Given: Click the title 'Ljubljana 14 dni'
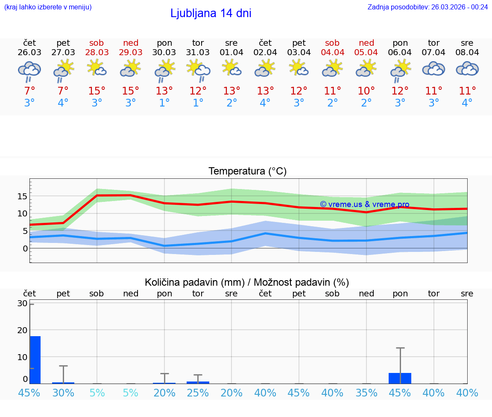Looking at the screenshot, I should point(211,13).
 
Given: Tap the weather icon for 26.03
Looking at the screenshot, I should point(29,71).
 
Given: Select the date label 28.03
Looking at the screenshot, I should point(97,52).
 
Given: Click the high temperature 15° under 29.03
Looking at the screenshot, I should point(131,91).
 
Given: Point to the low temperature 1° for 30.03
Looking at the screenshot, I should point(164,103).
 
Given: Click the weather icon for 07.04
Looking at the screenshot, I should point(433,69).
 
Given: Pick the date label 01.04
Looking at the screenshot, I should point(231,52).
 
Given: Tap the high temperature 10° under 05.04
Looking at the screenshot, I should point(366,91).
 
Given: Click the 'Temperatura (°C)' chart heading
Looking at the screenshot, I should point(247,172).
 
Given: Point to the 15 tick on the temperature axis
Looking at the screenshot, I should point(23,196).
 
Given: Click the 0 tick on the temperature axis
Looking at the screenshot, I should point(25,248).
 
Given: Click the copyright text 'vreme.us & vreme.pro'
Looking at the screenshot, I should point(364,204).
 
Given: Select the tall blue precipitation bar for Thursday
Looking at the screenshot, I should point(35,360).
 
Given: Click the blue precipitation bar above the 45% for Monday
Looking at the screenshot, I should point(400,378).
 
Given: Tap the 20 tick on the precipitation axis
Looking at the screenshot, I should point(22,330).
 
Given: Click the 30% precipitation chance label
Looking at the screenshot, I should point(63,393).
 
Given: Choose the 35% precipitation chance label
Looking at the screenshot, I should point(366,393).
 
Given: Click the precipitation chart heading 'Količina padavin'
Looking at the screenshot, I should point(247,282).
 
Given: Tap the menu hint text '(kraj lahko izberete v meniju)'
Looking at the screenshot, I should point(48,7).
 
